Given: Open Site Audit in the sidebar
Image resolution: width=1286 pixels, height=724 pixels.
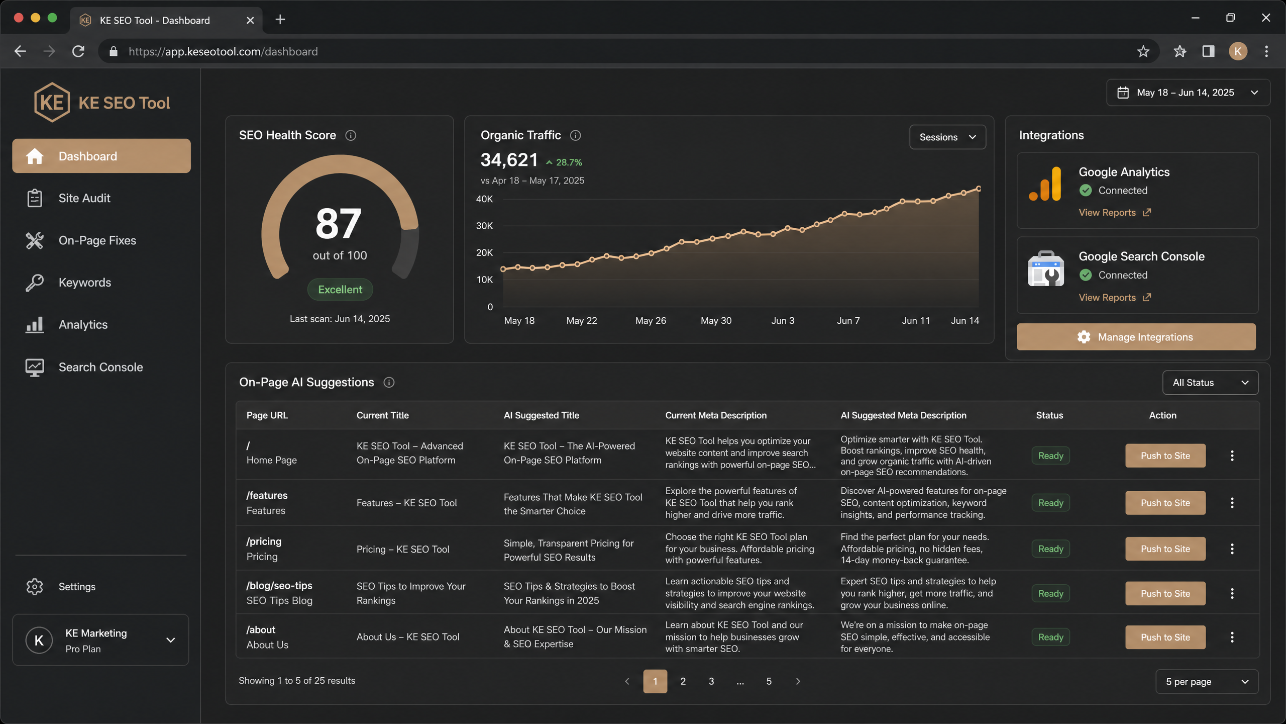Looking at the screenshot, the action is pyautogui.click(x=84, y=198).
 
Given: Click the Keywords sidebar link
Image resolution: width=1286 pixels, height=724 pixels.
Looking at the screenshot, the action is pyautogui.click(x=84, y=283).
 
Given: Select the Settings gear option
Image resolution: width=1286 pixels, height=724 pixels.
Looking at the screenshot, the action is pyautogui.click(x=76, y=587).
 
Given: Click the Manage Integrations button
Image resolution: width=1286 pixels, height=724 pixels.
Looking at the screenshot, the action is pyautogui.click(x=1136, y=337).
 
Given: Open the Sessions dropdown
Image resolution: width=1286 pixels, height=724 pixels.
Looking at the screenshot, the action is pyautogui.click(x=947, y=137).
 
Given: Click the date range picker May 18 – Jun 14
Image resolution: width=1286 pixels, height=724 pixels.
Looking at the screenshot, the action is pyautogui.click(x=1188, y=93).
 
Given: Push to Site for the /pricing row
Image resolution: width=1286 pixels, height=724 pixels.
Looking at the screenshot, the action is pyautogui.click(x=1165, y=549).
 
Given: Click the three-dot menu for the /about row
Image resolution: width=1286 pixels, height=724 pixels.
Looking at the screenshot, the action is pyautogui.click(x=1232, y=637).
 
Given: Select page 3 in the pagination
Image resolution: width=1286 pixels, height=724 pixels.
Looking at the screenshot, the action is pyautogui.click(x=711, y=681).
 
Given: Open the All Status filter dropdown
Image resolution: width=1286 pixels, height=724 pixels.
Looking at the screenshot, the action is pyautogui.click(x=1210, y=383).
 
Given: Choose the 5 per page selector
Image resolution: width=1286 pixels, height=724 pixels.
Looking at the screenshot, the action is pyautogui.click(x=1207, y=682).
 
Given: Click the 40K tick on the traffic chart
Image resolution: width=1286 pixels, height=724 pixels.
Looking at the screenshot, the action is pyautogui.click(x=484, y=199).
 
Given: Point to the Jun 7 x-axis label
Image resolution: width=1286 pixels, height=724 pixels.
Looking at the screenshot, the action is pyautogui.click(x=848, y=321).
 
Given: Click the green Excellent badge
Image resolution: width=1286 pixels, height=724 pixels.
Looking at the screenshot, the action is pyautogui.click(x=340, y=290).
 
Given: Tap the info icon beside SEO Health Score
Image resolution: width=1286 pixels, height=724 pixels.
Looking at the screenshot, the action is pyautogui.click(x=351, y=135).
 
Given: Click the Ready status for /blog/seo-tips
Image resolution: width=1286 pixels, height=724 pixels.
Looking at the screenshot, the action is pyautogui.click(x=1050, y=594).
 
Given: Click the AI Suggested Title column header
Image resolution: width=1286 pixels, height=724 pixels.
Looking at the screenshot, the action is pyautogui.click(x=541, y=415).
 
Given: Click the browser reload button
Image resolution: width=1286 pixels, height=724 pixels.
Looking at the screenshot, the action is pyautogui.click(x=78, y=51).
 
